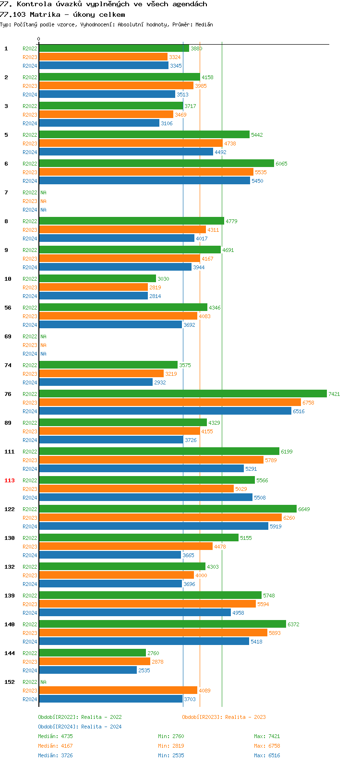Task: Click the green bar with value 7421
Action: click(x=182, y=394)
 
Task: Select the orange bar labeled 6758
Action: click(x=169, y=402)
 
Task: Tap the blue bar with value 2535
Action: click(x=88, y=670)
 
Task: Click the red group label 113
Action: click(x=10, y=480)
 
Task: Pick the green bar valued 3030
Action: click(x=97, y=278)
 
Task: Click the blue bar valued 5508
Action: click(x=145, y=497)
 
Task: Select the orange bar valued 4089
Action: click(x=118, y=690)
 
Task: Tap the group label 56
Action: click(x=8, y=308)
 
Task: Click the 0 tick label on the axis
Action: click(x=39, y=39)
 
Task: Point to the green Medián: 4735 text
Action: click(x=55, y=736)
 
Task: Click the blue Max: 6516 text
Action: click(x=267, y=755)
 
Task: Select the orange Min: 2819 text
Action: click(x=171, y=746)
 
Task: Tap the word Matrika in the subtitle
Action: click(x=45, y=14)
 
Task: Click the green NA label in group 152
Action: click(x=43, y=682)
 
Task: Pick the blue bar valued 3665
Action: click(x=110, y=555)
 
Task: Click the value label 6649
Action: click(x=304, y=509)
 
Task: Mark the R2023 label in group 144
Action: click(x=30, y=662)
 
